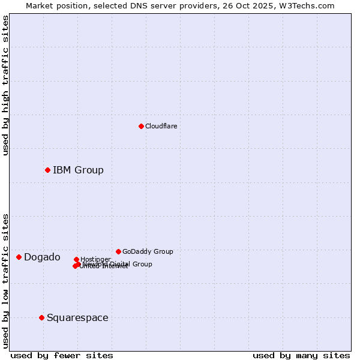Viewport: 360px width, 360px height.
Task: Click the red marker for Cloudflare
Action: pyautogui.click(x=141, y=126)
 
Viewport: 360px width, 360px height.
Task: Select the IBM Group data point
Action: pyautogui.click(x=47, y=170)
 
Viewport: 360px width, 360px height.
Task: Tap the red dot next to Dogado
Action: pyautogui.click(x=19, y=257)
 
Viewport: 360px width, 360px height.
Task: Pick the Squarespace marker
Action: pyautogui.click(x=41, y=317)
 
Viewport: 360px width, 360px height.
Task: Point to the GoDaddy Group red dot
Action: pyautogui.click(x=118, y=251)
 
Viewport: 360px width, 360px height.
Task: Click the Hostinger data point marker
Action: pyautogui.click(x=76, y=259)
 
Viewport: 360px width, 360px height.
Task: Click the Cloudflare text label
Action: pyautogui.click(x=161, y=126)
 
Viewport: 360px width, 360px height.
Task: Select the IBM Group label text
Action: pyautogui.click(x=78, y=170)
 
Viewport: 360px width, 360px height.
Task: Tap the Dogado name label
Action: pyautogui.click(x=42, y=257)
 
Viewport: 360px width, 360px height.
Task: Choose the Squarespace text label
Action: pyautogui.click(x=77, y=317)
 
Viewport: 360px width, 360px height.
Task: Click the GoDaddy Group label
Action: pyautogui.click(x=148, y=251)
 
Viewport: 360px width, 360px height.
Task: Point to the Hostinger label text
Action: pyautogui.click(x=95, y=259)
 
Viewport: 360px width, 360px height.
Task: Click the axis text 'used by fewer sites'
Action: pyautogui.click(x=62, y=355)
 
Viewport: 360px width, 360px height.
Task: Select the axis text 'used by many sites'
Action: pyautogui.click(x=301, y=355)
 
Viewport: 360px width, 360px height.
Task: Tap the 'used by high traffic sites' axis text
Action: pyautogui.click(x=5, y=85)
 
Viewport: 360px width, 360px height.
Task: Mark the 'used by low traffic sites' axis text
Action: pyautogui.click(x=5, y=281)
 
